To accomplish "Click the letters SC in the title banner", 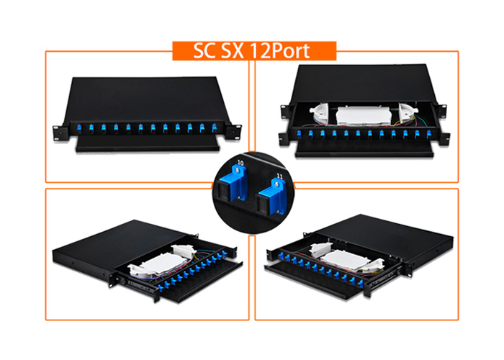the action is click(204, 51).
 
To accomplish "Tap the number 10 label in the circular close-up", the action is click(240, 163).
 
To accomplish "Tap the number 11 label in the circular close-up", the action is click(279, 176).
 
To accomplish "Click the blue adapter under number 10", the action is click(232, 184).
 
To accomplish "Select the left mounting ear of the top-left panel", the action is click(60, 132).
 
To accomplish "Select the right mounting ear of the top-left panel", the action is click(233, 132).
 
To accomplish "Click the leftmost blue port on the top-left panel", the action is click(79, 127).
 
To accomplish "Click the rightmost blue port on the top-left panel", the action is click(215, 127).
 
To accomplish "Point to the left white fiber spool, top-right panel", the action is click(319, 112).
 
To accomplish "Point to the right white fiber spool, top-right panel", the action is click(408, 112).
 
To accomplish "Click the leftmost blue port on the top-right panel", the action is click(299, 134).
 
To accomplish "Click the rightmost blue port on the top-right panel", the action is click(428, 133).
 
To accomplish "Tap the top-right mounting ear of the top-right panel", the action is click(441, 110).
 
